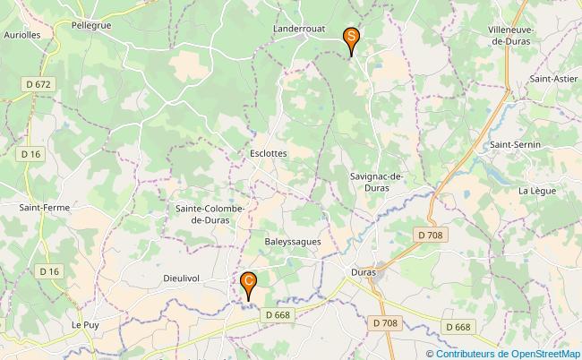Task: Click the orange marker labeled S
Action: (351, 38)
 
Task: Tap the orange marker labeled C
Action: (249, 282)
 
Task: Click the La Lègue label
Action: (537, 191)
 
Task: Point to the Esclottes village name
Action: (269, 153)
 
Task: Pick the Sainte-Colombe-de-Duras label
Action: (206, 214)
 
